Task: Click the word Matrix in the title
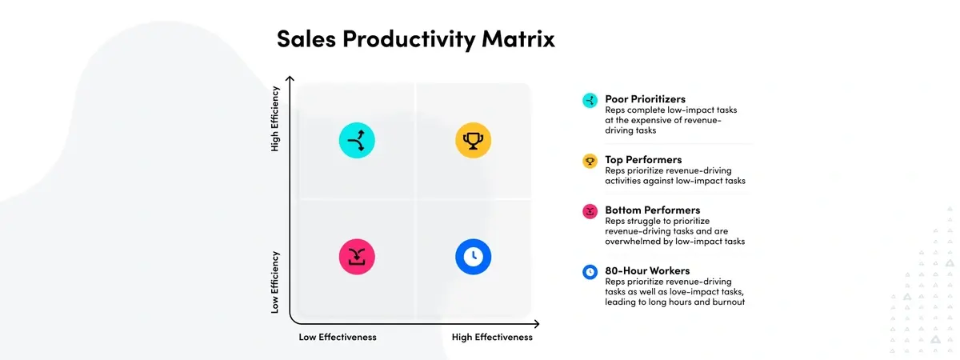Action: pos(518,38)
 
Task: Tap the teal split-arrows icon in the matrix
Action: pos(357,140)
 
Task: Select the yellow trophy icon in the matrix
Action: pos(473,140)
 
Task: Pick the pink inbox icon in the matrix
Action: pos(357,257)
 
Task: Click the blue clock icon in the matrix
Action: pos(473,257)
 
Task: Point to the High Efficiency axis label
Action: pos(274,118)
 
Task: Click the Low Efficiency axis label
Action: pos(274,282)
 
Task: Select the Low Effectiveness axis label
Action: pos(338,337)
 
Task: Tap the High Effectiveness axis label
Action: pos(492,337)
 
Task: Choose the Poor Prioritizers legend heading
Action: pos(645,99)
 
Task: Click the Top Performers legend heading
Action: pos(643,159)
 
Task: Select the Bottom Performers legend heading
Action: pos(652,210)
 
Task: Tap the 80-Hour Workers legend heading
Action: pos(647,270)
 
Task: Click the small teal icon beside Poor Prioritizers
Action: pos(590,101)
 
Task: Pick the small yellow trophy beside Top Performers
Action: pos(590,161)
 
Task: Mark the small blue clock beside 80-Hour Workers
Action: pos(590,272)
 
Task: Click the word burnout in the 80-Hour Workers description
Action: pos(729,302)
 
